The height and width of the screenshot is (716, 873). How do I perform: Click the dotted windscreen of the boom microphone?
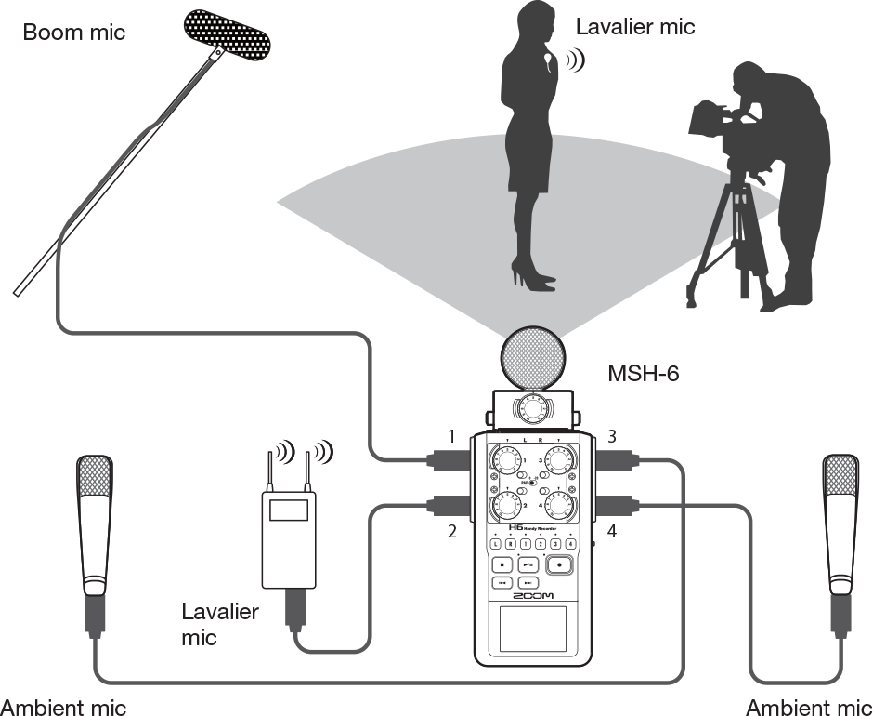click(x=228, y=35)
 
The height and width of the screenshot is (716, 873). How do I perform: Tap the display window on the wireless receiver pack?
click(x=289, y=509)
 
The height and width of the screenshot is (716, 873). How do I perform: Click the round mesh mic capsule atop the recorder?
click(x=532, y=358)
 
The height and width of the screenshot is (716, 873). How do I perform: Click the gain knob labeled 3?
click(x=558, y=459)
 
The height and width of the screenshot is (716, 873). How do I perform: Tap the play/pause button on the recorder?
click(x=527, y=564)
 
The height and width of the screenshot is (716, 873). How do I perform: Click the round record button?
click(x=559, y=564)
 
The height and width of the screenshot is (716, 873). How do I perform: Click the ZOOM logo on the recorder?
click(x=532, y=596)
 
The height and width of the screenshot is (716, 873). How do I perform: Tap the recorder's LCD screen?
click(x=532, y=629)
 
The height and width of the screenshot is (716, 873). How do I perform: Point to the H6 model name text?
click(x=503, y=527)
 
